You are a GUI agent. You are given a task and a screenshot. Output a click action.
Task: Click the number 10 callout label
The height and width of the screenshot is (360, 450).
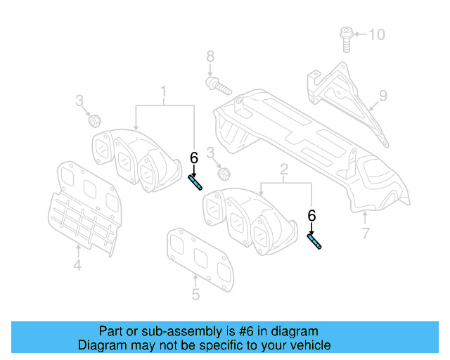point(377,34)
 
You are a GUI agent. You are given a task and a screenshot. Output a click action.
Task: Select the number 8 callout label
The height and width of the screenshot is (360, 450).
point(210,56)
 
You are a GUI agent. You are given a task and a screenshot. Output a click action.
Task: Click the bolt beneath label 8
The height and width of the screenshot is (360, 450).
point(217,87)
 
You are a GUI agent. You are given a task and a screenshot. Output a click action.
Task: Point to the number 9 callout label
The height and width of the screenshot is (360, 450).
point(383,95)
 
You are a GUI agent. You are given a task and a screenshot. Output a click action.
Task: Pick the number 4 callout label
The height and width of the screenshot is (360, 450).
point(77,265)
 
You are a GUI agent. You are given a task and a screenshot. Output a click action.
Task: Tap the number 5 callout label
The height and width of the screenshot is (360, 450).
point(195,295)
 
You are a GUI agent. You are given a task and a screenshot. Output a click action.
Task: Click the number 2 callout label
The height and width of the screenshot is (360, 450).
point(284,169)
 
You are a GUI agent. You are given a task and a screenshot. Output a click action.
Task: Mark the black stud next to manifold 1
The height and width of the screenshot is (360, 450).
point(195,184)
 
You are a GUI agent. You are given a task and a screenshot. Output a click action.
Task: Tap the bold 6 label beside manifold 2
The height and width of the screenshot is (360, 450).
point(311,216)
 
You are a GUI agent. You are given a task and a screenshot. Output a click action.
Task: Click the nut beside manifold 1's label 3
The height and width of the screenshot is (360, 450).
point(93,122)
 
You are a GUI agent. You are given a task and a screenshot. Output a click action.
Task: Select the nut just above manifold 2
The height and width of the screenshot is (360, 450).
point(224,173)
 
